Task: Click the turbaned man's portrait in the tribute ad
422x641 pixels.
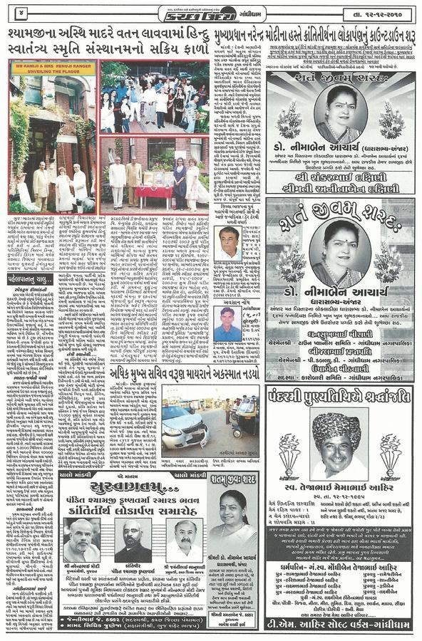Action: [336, 446]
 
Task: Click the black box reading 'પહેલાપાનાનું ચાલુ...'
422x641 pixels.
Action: [31, 279]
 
